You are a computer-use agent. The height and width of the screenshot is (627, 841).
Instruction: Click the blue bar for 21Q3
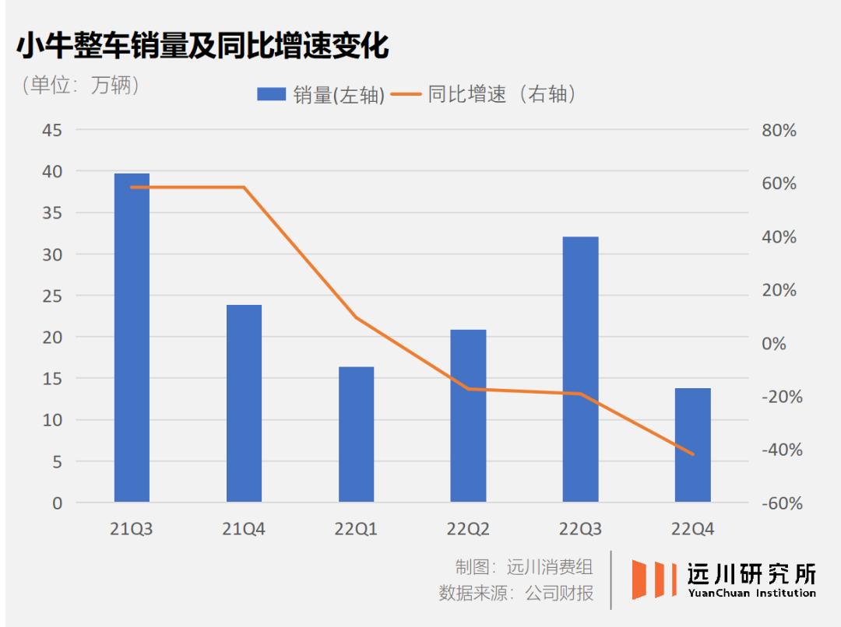(x=132, y=338)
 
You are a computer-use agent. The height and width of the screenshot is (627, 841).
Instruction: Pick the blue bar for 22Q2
(x=468, y=415)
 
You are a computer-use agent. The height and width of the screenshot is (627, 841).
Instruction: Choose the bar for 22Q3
(x=580, y=369)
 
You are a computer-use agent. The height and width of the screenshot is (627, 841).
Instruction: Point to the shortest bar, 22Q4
(x=692, y=444)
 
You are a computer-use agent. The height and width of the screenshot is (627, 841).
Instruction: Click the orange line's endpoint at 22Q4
(x=693, y=454)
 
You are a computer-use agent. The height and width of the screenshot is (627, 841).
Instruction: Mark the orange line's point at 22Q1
(x=356, y=317)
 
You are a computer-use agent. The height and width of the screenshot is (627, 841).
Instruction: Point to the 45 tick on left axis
(x=52, y=130)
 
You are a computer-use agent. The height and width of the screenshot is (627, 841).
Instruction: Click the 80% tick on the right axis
(x=779, y=131)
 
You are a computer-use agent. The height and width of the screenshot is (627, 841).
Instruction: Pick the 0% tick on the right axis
(x=773, y=344)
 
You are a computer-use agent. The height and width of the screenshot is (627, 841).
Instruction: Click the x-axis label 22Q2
(x=468, y=529)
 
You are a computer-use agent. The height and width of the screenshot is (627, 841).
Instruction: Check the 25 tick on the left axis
(x=52, y=296)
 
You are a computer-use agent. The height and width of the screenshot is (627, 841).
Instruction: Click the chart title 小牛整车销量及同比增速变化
(x=202, y=47)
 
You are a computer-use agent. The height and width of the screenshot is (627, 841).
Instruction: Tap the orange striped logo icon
(x=653, y=580)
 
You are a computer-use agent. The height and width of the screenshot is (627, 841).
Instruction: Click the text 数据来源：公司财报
(x=516, y=594)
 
